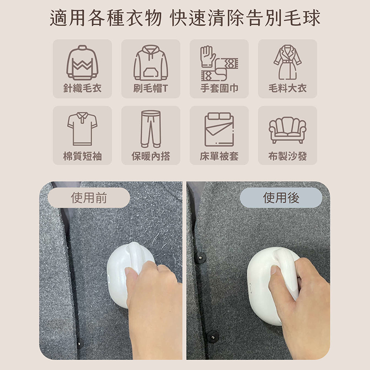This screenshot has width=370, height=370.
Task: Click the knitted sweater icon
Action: [x=82, y=63]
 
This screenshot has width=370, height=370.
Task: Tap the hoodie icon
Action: [x=151, y=63]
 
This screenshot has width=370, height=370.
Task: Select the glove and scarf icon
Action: [x=219, y=63]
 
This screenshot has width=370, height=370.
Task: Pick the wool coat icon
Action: [x=288, y=62]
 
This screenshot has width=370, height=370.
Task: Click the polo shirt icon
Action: [x=82, y=129]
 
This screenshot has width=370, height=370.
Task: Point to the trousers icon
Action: [x=151, y=129]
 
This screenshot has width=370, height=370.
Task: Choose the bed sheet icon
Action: [x=219, y=129]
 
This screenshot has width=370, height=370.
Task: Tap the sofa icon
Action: [x=288, y=130]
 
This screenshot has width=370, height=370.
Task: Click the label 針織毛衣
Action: [x=82, y=88]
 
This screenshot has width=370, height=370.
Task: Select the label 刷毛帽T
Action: [x=151, y=88]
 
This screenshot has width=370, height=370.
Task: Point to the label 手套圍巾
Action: [x=219, y=88]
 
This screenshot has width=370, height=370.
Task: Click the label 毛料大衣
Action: [x=288, y=88]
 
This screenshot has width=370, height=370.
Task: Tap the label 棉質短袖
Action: [x=82, y=156]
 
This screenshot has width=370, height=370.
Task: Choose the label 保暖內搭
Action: [x=151, y=156]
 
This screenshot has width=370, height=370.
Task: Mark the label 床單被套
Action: [x=219, y=156]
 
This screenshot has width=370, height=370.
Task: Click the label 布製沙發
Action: [x=288, y=156]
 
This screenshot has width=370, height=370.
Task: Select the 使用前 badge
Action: [x=89, y=198]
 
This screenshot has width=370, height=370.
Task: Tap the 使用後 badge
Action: [x=281, y=198]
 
